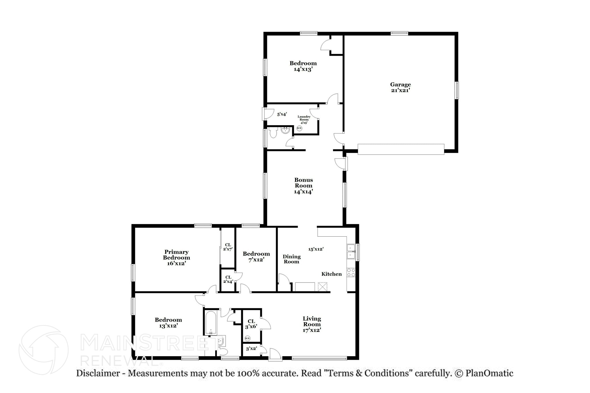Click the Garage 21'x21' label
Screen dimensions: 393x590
[x=400, y=87]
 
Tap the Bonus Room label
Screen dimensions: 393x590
[x=303, y=186]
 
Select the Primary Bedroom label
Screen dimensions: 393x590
[x=176, y=257]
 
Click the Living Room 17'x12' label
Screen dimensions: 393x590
[x=312, y=324]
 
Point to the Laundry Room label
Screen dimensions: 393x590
[x=304, y=119]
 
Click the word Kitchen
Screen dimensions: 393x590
[x=332, y=274]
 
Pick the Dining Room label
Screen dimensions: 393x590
[x=292, y=259]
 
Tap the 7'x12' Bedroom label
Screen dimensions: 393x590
[x=256, y=257]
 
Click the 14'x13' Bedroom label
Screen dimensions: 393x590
[x=303, y=66]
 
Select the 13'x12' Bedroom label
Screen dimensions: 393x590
[x=168, y=323]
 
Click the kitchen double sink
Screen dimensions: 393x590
[x=351, y=252]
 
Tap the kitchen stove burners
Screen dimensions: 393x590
[x=351, y=272]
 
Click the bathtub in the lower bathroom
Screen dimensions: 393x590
[x=211, y=322]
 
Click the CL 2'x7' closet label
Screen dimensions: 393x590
[x=228, y=247]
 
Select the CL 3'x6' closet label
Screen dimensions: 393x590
[x=251, y=324]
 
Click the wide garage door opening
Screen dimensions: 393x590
[x=401, y=149]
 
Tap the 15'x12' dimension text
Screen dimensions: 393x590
[x=316, y=249]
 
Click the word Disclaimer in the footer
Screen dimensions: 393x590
[x=98, y=373]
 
